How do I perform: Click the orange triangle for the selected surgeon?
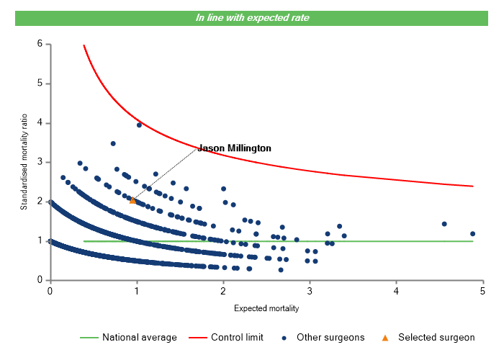(x=133, y=201)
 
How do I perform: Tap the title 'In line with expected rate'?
(x=253, y=17)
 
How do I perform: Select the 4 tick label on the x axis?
(x=397, y=291)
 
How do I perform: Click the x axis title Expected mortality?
(x=266, y=308)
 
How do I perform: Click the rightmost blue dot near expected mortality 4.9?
(x=473, y=234)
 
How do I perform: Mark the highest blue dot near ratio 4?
(x=139, y=125)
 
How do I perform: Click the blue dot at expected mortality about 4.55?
(x=444, y=224)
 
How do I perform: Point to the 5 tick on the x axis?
(x=483, y=291)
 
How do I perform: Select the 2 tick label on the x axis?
(x=223, y=291)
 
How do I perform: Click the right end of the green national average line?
(x=473, y=241)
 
